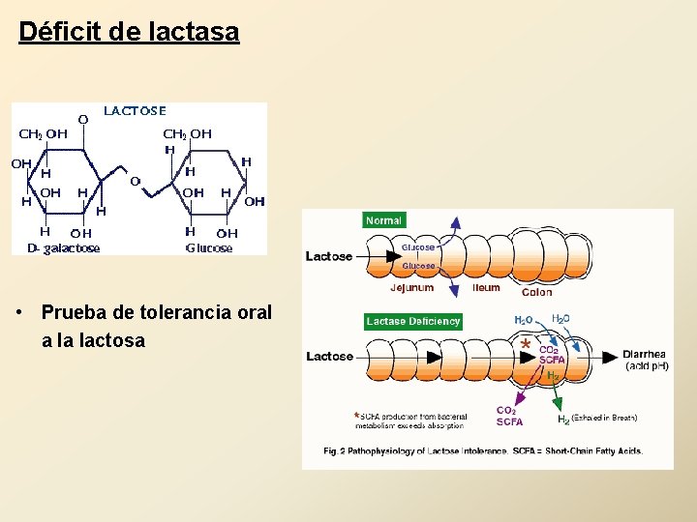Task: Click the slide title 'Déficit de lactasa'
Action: [129, 32]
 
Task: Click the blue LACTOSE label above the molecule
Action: [136, 110]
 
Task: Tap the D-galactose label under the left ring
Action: [63, 248]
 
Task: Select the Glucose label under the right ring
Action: [209, 248]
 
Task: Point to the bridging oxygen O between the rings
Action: [135, 181]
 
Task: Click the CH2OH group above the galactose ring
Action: [44, 134]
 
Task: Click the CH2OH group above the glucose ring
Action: [187, 134]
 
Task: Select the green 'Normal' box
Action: [383, 220]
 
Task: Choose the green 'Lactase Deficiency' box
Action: [413, 321]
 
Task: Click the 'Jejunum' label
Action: [412, 288]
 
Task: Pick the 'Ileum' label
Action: [486, 287]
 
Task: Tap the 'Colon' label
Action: [537, 292]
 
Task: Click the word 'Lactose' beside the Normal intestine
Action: [329, 256]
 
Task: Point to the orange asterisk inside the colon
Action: [525, 343]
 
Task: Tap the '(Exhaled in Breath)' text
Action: [604, 419]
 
